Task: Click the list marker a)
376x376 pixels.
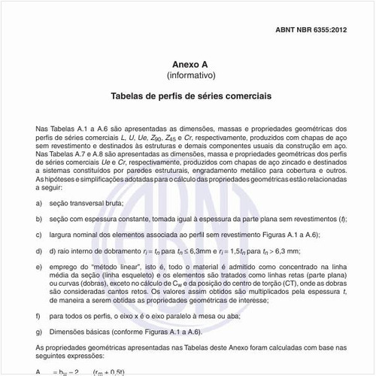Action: point(38,204)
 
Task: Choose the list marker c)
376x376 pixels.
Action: point(38,235)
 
